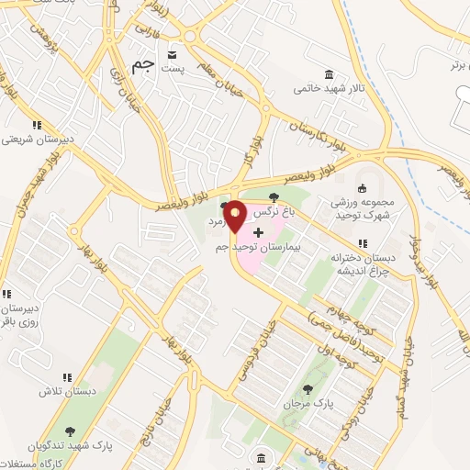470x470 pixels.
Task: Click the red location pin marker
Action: click(x=235, y=217)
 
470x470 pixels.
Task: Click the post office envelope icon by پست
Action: click(x=171, y=56)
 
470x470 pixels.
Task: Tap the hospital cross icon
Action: click(x=257, y=233)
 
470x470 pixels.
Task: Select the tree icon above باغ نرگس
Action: click(x=273, y=196)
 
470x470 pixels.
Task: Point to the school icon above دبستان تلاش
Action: click(x=66, y=376)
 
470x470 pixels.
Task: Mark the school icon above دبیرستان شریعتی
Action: click(x=36, y=124)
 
